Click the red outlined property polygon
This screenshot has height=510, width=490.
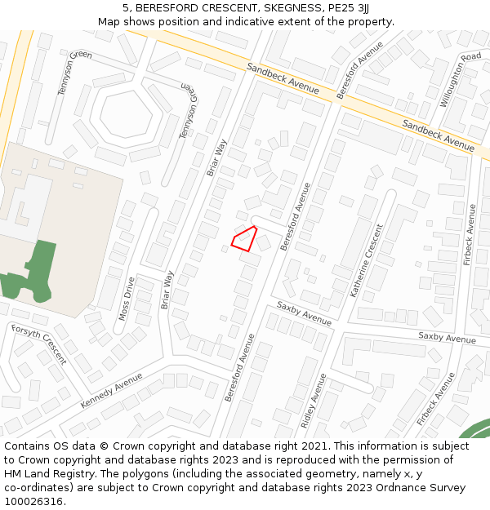coord(244,239)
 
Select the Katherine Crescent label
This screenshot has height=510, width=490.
coord(367,271)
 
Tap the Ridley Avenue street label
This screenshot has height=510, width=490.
coord(314,401)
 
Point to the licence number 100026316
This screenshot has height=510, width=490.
coord(33,502)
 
